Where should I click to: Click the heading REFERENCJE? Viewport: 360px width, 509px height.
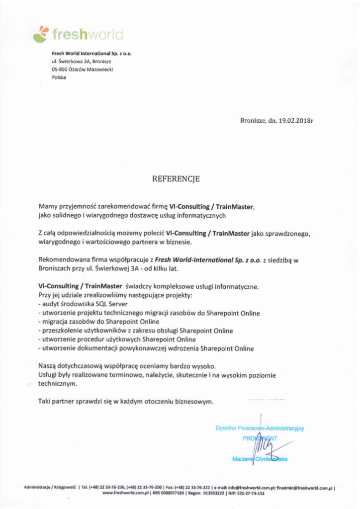pos(176,178)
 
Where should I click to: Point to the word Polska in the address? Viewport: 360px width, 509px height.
pos(59,78)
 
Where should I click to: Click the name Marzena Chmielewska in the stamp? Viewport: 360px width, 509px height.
pos(260,459)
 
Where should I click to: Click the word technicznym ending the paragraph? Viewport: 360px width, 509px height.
pos(58,384)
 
